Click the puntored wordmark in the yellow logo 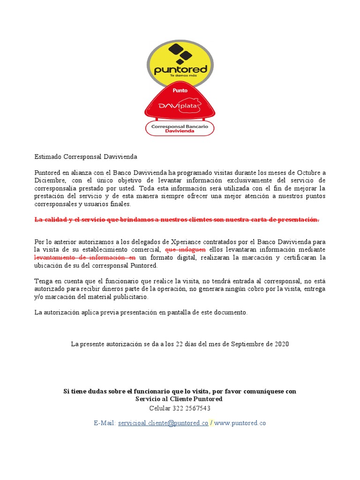click(180, 70)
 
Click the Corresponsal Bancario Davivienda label click(180, 128)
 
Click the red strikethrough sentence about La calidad click(177, 219)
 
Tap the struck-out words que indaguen click(186, 249)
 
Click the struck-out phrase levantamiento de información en click(85, 257)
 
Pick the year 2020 click(281, 344)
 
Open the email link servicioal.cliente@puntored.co click(163, 423)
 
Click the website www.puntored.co click(240, 423)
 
